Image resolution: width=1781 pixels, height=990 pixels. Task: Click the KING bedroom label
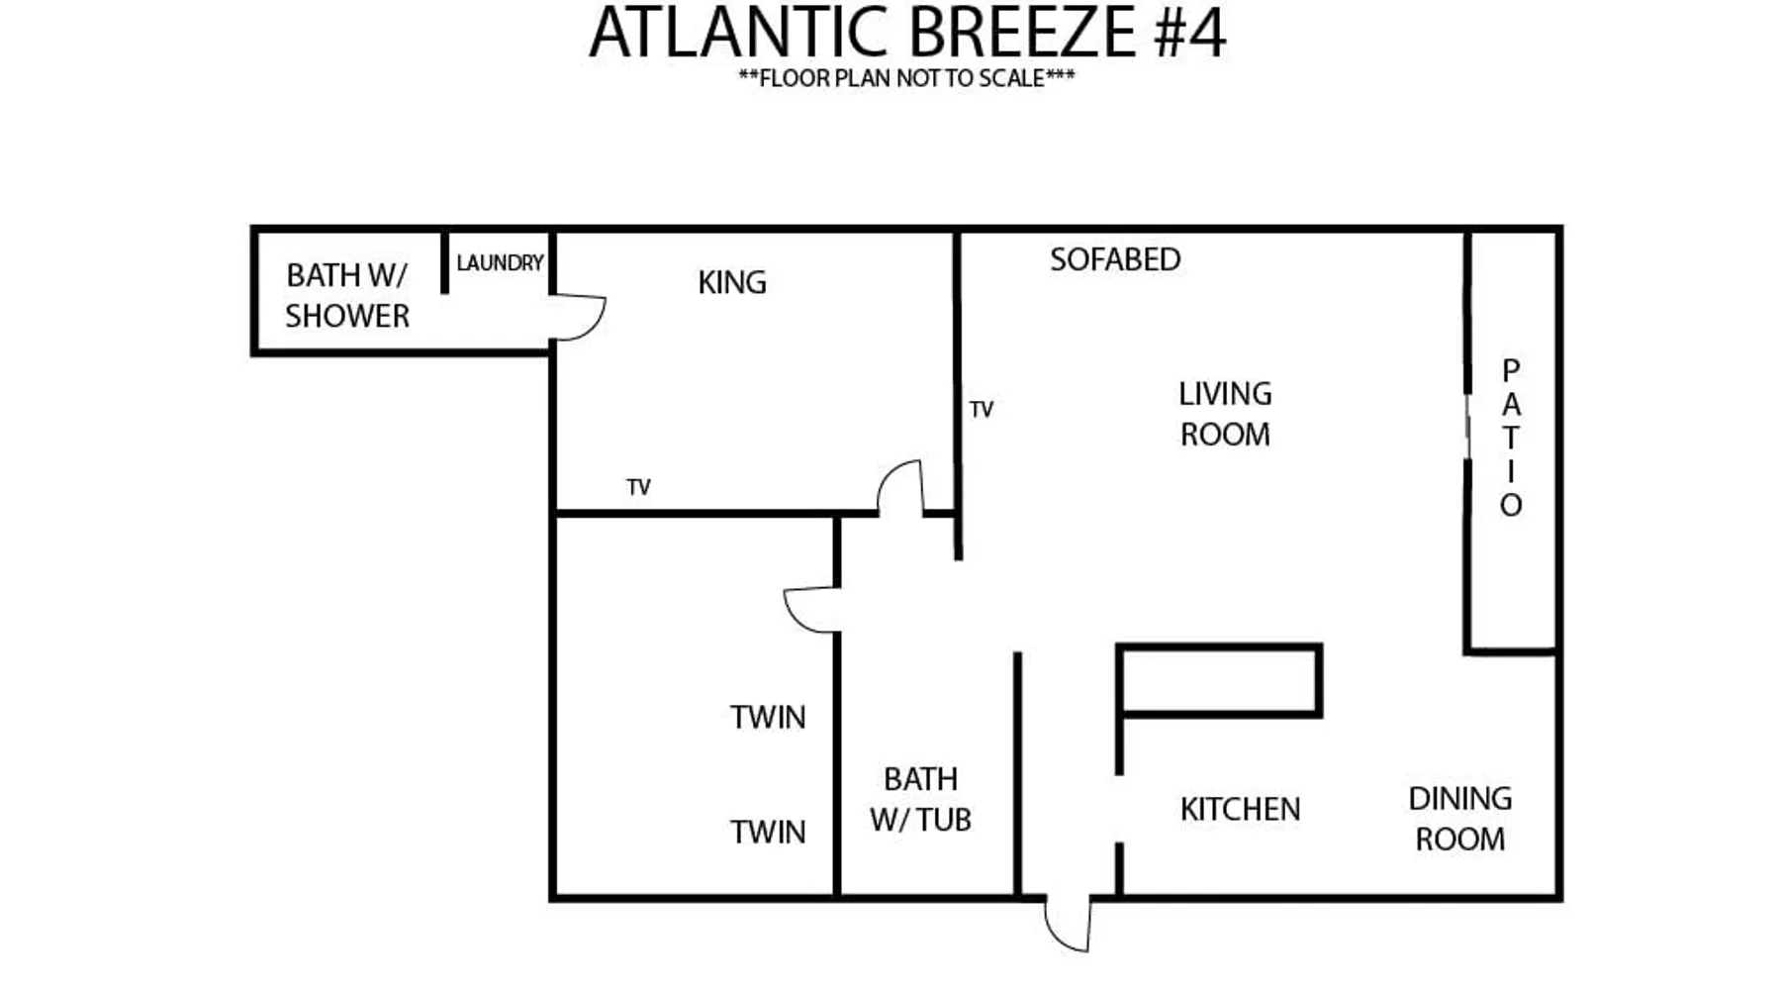click(732, 282)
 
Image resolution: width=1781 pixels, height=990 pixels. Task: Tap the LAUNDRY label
click(500, 262)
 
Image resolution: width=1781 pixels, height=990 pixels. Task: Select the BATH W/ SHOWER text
click(347, 295)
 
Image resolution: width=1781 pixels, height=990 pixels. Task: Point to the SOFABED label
click(1115, 259)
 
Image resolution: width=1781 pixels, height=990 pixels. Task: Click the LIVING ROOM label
click(1225, 414)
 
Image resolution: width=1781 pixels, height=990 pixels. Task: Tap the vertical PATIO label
click(1511, 438)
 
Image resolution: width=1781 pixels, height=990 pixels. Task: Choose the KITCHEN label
click(1240, 809)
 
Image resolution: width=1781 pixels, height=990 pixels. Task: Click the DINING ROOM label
click(1460, 819)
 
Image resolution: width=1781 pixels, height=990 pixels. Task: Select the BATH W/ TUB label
click(920, 799)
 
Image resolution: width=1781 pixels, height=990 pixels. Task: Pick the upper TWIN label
click(768, 717)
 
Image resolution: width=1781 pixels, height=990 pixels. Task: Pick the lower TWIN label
click(768, 832)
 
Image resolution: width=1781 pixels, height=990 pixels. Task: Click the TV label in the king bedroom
click(638, 487)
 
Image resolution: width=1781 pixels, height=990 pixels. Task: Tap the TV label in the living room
click(981, 409)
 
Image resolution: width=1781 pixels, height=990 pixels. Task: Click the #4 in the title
click(1190, 33)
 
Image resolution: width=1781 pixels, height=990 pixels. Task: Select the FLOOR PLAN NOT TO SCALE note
click(906, 78)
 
